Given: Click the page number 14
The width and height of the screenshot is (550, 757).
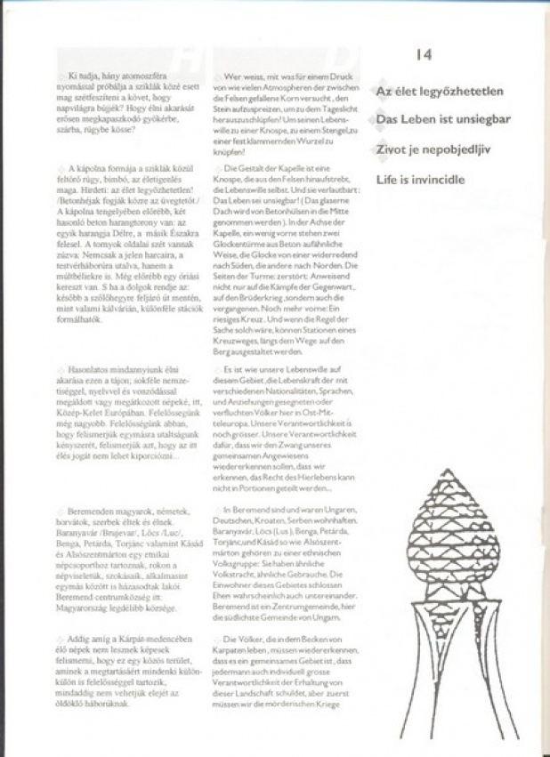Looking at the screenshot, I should pos(424,55).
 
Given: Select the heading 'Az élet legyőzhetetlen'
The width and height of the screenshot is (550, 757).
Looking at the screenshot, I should pos(440,92).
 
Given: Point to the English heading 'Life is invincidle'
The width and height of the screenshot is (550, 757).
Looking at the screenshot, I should pos(420,179).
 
